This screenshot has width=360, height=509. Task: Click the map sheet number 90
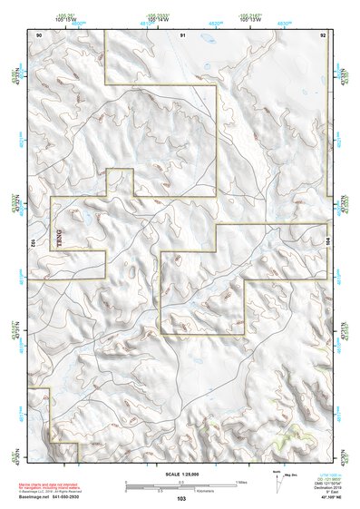[38, 34]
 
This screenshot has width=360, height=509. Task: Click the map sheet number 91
[182, 34]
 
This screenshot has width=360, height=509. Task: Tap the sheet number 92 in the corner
[324, 34]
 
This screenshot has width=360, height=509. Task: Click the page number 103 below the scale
[181, 498]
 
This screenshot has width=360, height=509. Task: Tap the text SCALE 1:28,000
[181, 475]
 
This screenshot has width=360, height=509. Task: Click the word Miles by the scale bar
[242, 481]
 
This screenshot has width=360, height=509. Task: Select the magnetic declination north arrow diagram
[280, 477]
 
